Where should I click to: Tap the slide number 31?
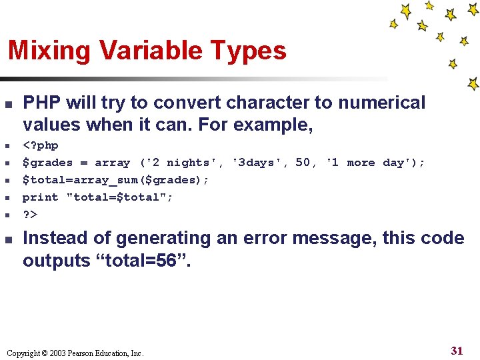pos(457,351)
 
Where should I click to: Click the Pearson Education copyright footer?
pos(74,353)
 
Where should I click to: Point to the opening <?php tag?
pos(41,145)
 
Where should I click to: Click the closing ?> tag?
pos(30,215)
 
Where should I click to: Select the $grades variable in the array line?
pos(47,163)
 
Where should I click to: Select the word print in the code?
pos(41,197)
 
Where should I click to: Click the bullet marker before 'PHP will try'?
pos(9,104)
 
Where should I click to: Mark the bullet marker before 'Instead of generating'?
pos(9,239)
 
